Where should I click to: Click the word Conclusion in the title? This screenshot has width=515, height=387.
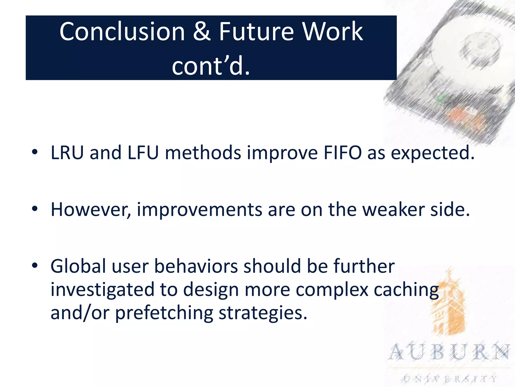coord(122,31)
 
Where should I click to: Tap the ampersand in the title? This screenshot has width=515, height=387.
coord(202,31)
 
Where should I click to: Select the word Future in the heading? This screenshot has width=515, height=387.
coord(256,31)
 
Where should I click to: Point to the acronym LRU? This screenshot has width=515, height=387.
coord(67,153)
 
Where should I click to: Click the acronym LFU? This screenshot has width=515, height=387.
coord(143,153)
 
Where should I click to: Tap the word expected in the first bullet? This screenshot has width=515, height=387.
coord(432,153)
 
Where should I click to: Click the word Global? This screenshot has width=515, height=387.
coord(78,266)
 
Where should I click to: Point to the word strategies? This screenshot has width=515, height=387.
coord(263,313)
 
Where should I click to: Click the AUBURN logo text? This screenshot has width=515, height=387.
coord(449,352)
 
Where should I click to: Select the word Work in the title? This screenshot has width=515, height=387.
coord(332,31)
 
